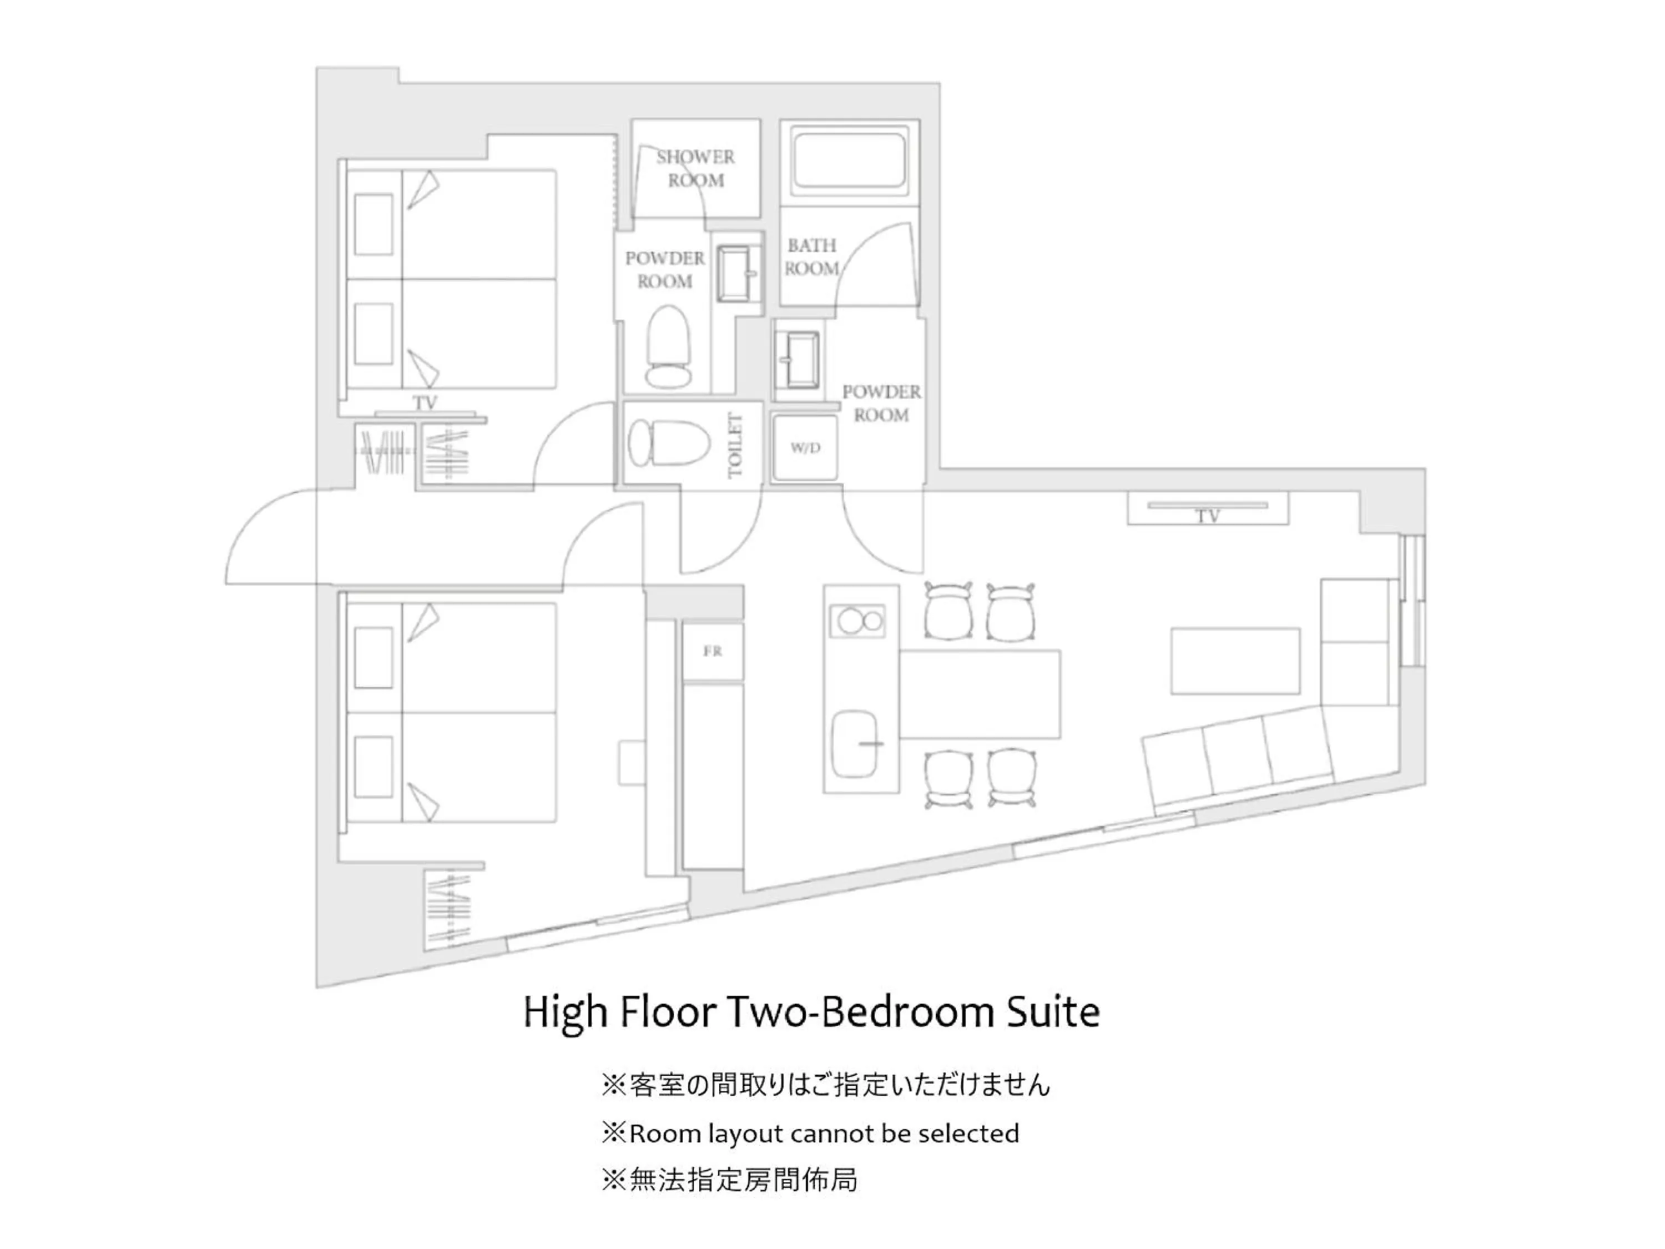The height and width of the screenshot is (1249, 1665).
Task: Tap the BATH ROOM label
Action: point(811,256)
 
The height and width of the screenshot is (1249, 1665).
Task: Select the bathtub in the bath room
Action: point(849,160)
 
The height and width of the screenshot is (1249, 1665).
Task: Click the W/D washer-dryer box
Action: point(805,448)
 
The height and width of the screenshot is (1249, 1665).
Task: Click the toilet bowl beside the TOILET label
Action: point(668,442)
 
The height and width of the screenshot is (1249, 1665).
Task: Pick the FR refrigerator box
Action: point(712,651)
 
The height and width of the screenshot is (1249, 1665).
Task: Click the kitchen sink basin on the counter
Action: point(856,744)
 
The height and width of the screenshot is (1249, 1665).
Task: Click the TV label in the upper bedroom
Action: point(425,403)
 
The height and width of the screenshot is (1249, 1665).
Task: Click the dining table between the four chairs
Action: point(979,694)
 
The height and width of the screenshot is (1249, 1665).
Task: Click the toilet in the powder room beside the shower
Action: point(668,346)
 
